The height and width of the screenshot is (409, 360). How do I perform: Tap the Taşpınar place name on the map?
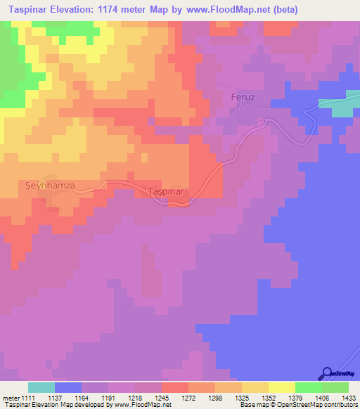click(167, 191)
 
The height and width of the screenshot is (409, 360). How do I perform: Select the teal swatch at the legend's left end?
click(41, 387)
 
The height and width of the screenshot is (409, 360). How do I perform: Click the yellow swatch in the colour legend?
click(282, 387)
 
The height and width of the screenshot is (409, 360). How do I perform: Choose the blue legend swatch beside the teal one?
click(68, 387)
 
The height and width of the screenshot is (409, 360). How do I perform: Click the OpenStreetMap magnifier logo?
click(326, 372)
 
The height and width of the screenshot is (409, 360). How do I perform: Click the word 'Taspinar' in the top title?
click(24, 10)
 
